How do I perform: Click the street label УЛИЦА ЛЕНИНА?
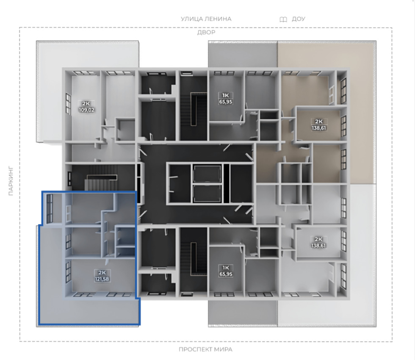206,19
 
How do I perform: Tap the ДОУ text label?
299,19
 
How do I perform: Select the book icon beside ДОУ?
283,19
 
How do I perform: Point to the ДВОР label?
207,32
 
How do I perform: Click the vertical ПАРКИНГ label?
11,181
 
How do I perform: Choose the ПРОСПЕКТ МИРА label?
206,349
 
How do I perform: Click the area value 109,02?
86,110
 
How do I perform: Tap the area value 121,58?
102,279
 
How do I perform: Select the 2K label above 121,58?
102,273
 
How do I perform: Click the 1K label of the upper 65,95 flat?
225,95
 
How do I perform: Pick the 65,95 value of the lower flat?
226,274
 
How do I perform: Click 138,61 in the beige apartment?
318,128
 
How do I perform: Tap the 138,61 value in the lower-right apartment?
318,245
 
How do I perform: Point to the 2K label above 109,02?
86,103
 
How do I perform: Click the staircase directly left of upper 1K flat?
194,108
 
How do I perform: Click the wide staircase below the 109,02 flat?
102,178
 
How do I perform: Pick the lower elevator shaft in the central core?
207,194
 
